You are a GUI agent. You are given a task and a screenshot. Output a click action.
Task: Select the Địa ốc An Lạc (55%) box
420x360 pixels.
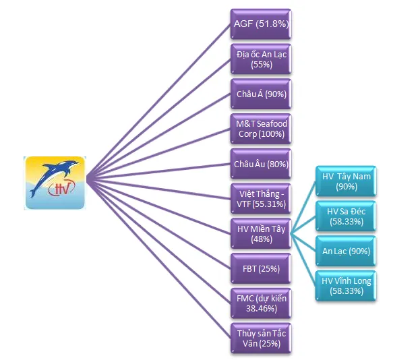tap(260, 58)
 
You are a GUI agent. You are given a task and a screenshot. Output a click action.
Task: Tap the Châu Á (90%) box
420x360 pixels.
tap(260, 94)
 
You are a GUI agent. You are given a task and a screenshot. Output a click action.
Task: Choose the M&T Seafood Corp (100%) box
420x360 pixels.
tap(260, 129)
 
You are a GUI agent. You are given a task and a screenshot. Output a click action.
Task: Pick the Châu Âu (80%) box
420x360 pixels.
tap(260, 164)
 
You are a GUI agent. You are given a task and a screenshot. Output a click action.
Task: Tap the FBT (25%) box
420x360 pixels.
tap(260, 268)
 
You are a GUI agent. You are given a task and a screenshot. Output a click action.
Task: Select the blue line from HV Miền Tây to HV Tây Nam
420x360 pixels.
tap(303, 206)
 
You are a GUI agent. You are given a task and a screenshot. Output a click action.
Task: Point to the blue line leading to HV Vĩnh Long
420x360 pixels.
tap(304, 260)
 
